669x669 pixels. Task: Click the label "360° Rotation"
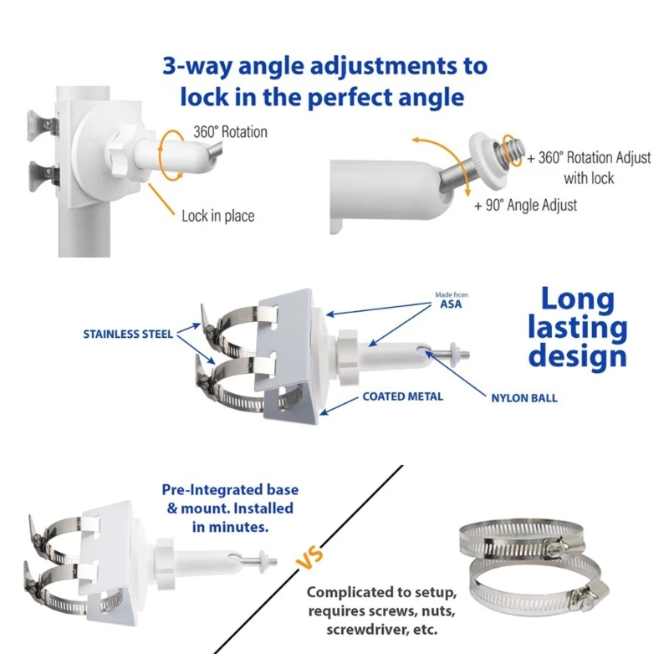231,132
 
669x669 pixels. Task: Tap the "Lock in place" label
218,216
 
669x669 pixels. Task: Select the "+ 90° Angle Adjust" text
526,205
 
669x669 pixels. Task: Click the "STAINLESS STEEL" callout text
128,334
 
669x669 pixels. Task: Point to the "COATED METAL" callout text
403,396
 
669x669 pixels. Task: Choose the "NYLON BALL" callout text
524,398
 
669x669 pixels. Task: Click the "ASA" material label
451,304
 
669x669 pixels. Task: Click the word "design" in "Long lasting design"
578,357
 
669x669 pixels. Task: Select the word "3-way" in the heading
197,67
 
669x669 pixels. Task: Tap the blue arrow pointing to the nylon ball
456,374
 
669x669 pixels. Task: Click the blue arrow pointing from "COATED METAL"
339,406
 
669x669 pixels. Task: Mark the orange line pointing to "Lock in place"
161,199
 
